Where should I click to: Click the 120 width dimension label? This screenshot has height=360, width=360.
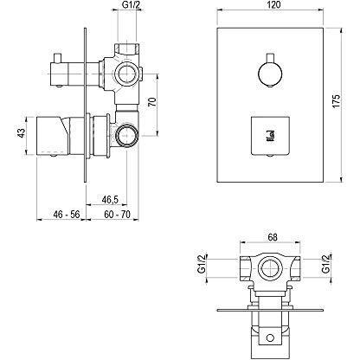point(273,4)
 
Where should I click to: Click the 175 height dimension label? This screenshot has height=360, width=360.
point(337,101)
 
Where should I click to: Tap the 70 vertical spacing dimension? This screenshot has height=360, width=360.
point(152,102)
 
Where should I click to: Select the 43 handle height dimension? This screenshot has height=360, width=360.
point(22,133)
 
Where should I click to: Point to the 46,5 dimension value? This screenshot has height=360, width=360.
point(110,199)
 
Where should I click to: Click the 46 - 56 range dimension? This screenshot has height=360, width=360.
point(67,215)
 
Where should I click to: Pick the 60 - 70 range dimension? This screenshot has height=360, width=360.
point(117,215)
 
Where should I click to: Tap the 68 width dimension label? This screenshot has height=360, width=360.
point(273,237)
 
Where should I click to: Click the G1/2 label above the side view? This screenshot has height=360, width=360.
point(129,4)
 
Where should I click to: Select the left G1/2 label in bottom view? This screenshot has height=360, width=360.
point(202,263)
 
